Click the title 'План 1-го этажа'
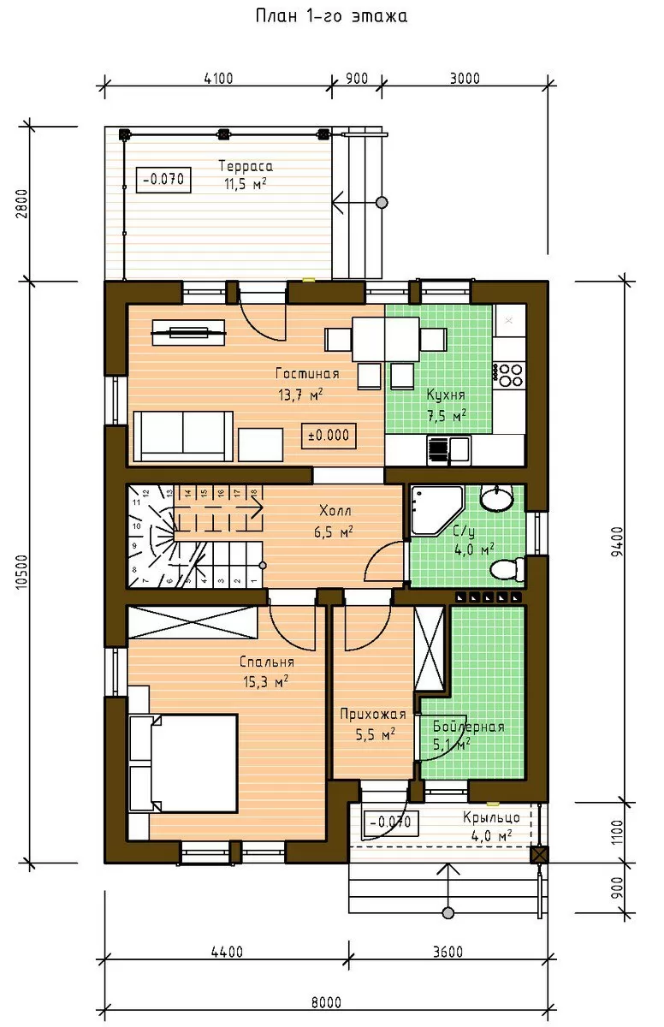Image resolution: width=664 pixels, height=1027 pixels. pos(331,16)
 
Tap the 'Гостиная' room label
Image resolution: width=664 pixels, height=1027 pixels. pos(307,374)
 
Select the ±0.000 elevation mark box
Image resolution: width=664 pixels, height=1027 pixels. pos(329,436)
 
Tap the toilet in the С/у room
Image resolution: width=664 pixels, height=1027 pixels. pos(508,569)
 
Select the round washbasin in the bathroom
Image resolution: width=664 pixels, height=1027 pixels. pos(496,498)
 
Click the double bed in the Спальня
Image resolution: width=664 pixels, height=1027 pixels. pos(183,763)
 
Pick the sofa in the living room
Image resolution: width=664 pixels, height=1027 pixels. pos(183,436)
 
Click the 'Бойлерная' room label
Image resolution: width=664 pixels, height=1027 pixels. pos(468,727)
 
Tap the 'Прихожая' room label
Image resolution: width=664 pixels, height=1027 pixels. pos(373,715)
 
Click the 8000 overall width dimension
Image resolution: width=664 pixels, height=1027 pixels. pos(326,1003)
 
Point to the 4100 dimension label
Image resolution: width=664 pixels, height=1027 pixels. pos(218,79)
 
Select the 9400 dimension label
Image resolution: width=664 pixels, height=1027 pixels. pos(617,541)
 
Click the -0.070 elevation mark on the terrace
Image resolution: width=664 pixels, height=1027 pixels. pos(163,179)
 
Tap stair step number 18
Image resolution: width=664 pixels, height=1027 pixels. pos(254,493)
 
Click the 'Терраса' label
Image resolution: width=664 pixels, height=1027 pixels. pos(246,166)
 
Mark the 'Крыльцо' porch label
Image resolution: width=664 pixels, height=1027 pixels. pos(491,817)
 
